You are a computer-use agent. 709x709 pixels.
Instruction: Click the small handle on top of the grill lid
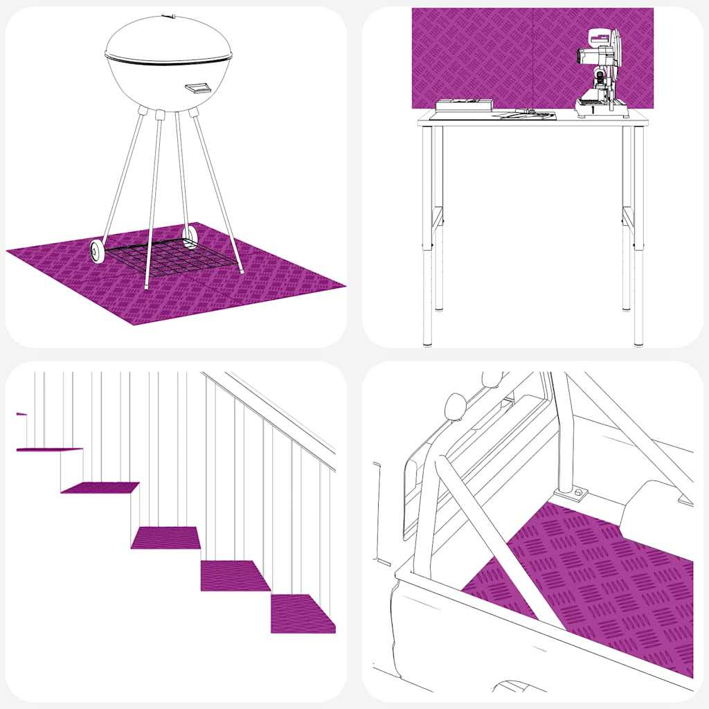(x=168, y=15)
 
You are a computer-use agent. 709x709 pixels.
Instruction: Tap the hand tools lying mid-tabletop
(x=528, y=114)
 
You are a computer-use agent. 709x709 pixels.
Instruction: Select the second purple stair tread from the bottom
(x=234, y=575)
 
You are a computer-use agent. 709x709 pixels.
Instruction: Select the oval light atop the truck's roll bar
(x=456, y=406)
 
